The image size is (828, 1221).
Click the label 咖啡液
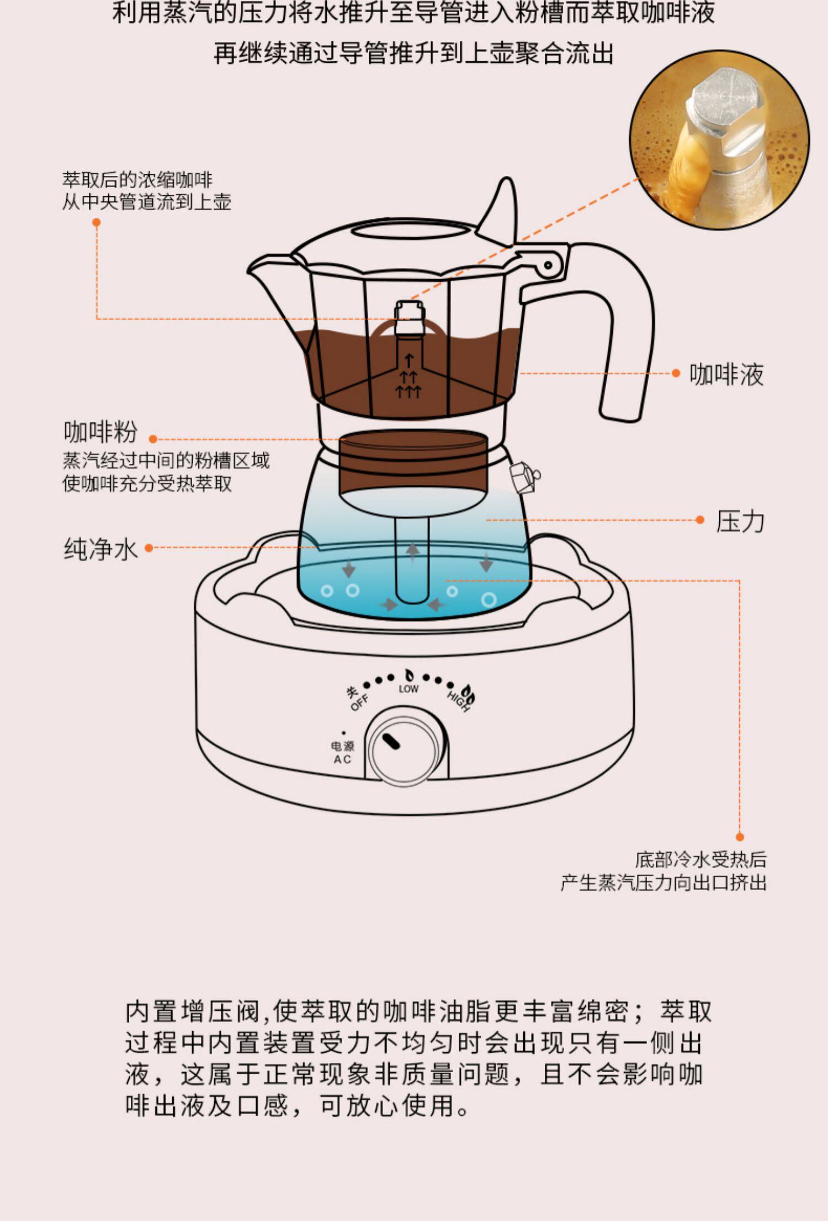[x=726, y=375]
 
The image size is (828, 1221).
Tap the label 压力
[x=740, y=521]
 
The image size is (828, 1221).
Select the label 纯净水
[x=100, y=549]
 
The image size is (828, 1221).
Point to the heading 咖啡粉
[x=100, y=432]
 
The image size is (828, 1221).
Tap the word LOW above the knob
[x=408, y=689]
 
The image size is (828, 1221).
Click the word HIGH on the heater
[x=458, y=701]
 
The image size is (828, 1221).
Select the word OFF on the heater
[x=360, y=703]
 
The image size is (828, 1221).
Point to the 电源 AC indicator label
[x=342, y=752]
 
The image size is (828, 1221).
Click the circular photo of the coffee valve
[x=720, y=140]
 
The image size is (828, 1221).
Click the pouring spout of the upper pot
[x=265, y=270]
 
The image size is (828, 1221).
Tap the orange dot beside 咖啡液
[x=676, y=373]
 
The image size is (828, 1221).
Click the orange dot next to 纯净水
[x=148, y=548]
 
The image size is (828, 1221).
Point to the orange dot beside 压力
[x=700, y=520]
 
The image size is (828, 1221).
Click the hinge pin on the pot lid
[x=548, y=265]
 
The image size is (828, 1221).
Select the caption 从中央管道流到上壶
[x=146, y=202]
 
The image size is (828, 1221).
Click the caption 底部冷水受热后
[x=700, y=859]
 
